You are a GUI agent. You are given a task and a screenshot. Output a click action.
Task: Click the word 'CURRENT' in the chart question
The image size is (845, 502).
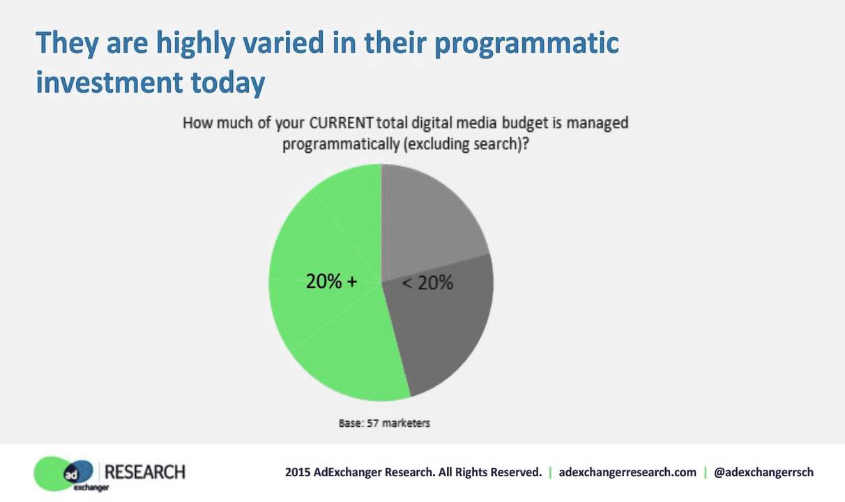340,123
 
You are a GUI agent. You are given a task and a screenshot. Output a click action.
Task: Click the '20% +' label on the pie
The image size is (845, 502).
331,281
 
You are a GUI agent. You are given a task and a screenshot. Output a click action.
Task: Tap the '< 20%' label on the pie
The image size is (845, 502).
428,282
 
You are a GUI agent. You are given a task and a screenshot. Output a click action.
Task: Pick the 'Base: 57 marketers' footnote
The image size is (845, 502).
384,423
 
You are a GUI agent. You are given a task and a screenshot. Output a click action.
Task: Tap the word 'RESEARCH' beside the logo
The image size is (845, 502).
145,472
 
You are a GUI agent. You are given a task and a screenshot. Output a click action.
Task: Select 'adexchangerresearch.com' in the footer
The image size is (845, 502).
627,472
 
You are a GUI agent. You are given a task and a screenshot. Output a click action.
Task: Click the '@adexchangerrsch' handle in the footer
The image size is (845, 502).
763,472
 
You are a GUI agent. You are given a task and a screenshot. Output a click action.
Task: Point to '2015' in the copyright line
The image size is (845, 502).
297,472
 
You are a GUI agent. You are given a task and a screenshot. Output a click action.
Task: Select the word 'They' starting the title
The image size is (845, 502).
67,43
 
